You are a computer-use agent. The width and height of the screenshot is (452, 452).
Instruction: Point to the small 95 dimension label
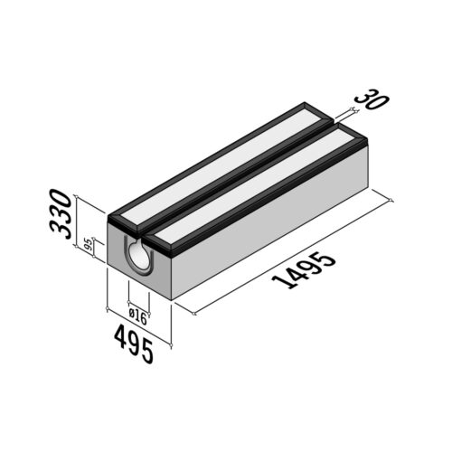pyautogui.click(x=88, y=244)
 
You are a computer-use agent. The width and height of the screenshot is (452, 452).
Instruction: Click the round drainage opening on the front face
pyautogui.click(x=140, y=258)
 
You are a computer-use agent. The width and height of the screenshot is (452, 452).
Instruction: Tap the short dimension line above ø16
pyautogui.click(x=137, y=306)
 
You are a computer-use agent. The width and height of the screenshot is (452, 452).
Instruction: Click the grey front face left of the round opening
pyautogui.click(x=118, y=258)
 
